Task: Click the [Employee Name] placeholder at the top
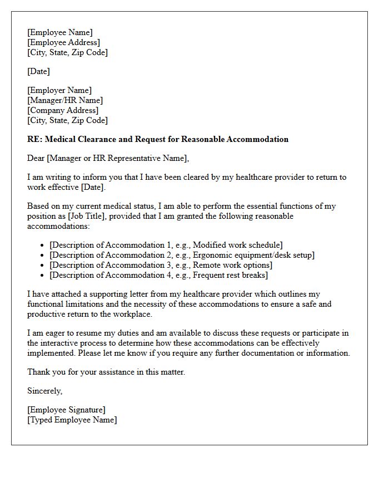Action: (x=60, y=32)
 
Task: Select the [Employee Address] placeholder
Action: (x=63, y=42)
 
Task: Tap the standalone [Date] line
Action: (x=38, y=71)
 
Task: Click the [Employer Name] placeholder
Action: (x=59, y=90)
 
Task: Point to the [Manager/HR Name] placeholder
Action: (x=65, y=100)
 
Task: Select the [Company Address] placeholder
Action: (x=63, y=110)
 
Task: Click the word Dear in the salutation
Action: (x=36, y=158)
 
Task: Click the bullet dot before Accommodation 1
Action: (x=43, y=245)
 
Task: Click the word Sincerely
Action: (x=45, y=391)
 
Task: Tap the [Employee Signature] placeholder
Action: (x=66, y=410)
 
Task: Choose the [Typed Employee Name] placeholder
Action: (x=72, y=420)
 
